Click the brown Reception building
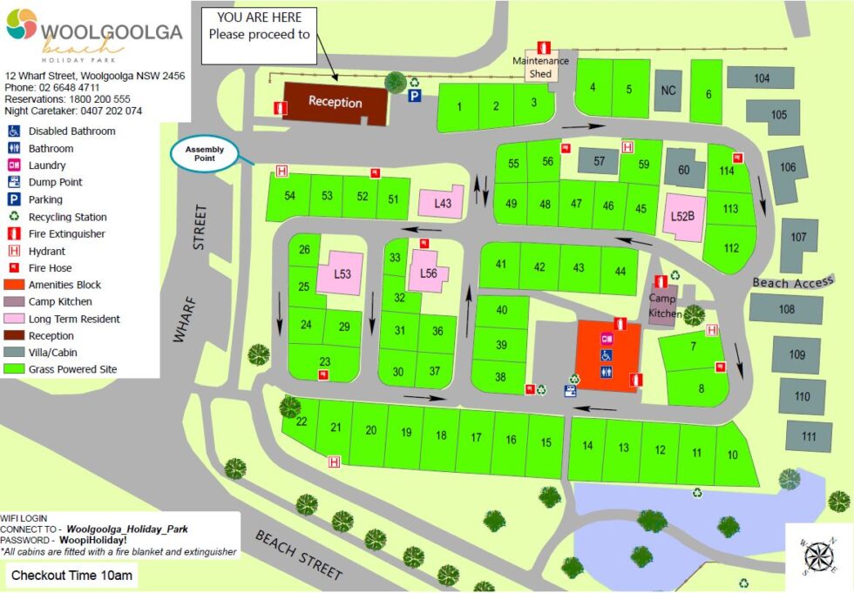tap(335, 103)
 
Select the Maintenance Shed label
tap(540, 67)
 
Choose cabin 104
tap(762, 78)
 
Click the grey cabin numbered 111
tap(810, 436)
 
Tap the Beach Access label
tap(793, 282)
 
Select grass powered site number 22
tap(302, 422)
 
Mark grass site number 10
tap(732, 455)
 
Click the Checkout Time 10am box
tap(69, 575)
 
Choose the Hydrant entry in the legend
tap(49, 251)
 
